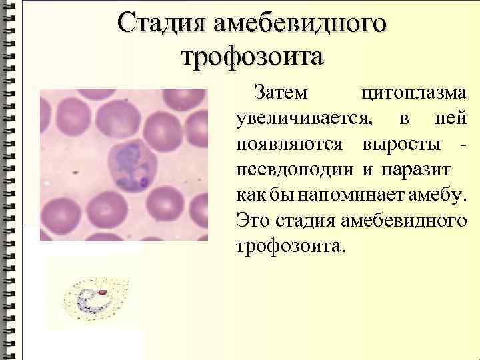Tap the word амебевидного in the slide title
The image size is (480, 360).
(x=299, y=23)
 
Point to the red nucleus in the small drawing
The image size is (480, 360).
(x=103, y=291)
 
